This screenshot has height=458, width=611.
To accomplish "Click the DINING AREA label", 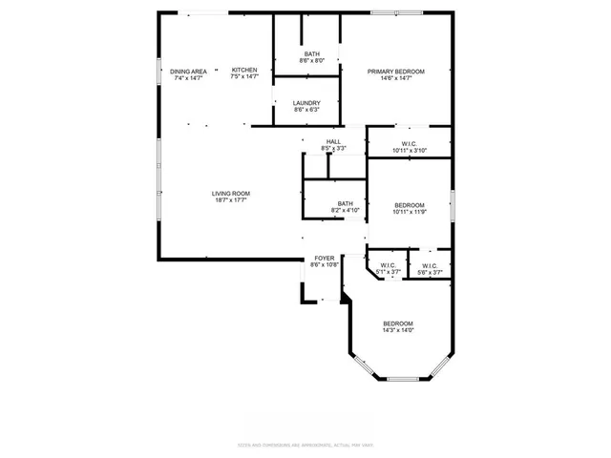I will click(x=188, y=72).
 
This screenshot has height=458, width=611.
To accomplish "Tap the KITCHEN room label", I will click(x=244, y=71).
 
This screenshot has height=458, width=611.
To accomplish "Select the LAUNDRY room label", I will click(x=306, y=103).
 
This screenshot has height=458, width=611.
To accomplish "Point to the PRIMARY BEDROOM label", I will click(x=396, y=72).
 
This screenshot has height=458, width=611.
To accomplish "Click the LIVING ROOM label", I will click(x=231, y=194).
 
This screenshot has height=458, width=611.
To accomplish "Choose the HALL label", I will click(x=333, y=141).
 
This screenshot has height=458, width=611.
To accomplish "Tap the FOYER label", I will click(x=325, y=258).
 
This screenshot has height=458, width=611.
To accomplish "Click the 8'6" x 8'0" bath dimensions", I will click(x=312, y=60).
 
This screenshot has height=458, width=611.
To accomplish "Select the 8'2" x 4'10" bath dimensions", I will click(x=345, y=209).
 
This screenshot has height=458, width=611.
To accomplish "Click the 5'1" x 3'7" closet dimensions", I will click(x=388, y=273).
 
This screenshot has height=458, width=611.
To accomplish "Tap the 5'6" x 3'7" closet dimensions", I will click(x=429, y=273).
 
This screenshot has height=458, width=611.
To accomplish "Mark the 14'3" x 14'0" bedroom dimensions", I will click(x=398, y=330).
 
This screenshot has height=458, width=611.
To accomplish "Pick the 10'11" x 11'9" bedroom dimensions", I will click(x=410, y=212).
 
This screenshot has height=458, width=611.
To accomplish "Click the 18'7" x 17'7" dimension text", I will click(x=231, y=200).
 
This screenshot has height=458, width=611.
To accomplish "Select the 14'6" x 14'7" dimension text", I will click(x=396, y=78).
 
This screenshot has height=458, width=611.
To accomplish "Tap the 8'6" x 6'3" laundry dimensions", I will click(x=306, y=110).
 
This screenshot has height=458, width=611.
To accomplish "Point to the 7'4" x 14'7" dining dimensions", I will click(x=188, y=78).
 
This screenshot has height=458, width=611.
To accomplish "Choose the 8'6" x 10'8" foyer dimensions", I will click(x=325, y=264).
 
